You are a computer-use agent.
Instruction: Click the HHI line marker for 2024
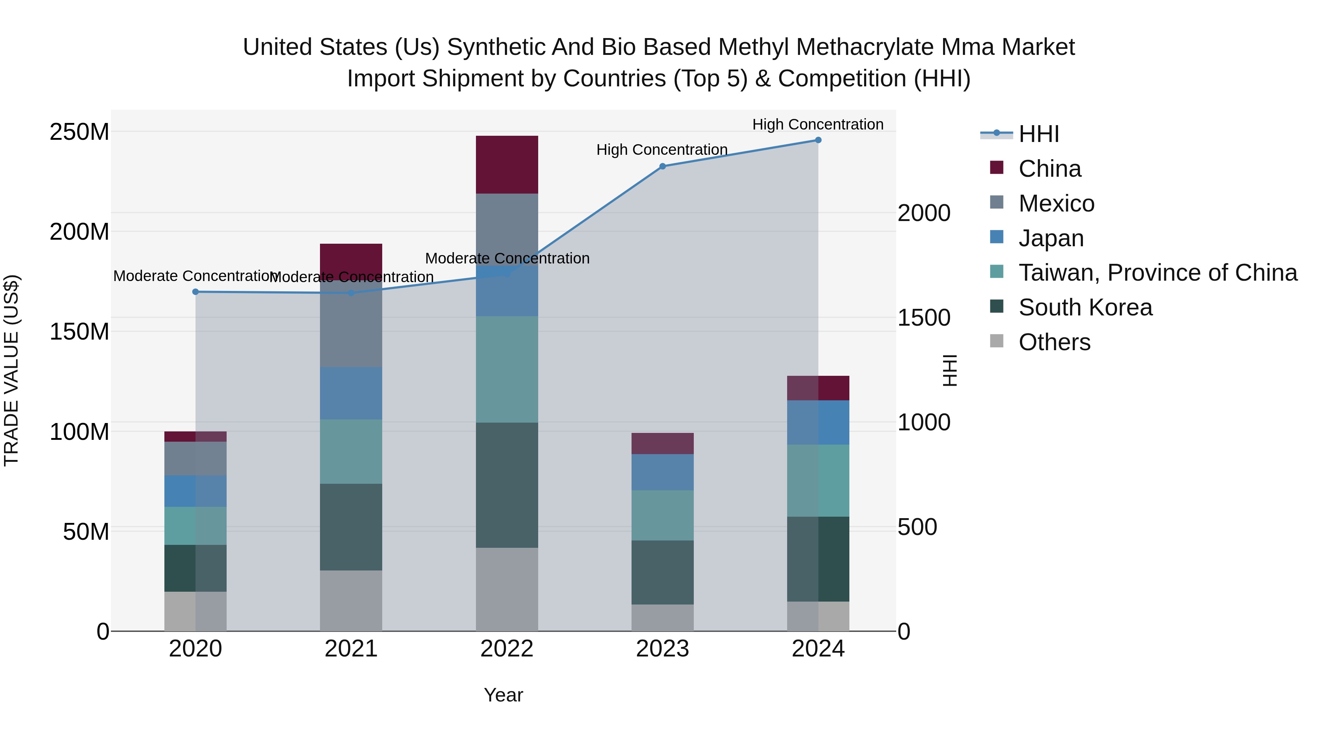[818, 140]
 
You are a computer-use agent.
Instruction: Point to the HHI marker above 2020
[196, 292]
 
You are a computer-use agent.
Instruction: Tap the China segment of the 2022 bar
[507, 165]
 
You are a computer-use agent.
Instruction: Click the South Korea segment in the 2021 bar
[351, 527]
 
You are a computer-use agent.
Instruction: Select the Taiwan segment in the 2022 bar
[507, 369]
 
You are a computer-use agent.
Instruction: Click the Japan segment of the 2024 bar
[818, 422]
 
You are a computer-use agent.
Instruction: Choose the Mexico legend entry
[1056, 203]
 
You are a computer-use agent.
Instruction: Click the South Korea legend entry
[1085, 307]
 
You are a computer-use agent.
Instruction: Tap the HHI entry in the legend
[1039, 134]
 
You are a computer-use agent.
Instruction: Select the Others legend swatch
[997, 341]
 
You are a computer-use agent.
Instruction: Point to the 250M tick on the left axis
[79, 132]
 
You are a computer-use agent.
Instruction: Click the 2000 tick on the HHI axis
[924, 213]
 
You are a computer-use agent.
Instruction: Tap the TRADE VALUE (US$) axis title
[11, 370]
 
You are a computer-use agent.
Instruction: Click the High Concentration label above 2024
[818, 124]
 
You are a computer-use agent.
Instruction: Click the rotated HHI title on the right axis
[950, 370]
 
